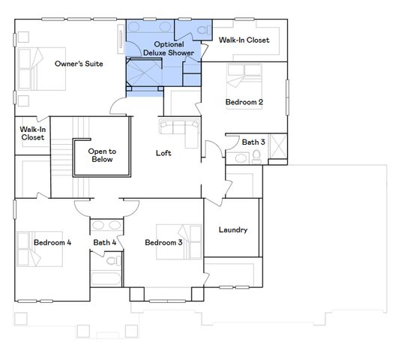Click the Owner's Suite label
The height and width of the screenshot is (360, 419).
coord(79,64)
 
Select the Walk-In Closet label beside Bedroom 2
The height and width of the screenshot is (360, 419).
coord(244,40)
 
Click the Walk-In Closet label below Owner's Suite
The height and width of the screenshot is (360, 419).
coord(32,133)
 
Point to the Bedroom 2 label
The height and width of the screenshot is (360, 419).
coord(244,102)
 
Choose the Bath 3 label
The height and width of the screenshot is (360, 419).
coord(253,142)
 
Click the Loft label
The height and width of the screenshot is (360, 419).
coord(163,153)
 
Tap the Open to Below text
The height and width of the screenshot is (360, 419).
coord(101,155)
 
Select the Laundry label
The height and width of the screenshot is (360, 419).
coord(232,230)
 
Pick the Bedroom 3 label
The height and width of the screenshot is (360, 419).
coord(163,242)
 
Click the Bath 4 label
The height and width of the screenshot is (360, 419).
coord(105,242)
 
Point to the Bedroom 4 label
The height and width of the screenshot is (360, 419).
coord(52,242)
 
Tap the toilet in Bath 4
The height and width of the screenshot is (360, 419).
coord(112,263)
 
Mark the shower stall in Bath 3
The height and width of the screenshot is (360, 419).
coord(277,146)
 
